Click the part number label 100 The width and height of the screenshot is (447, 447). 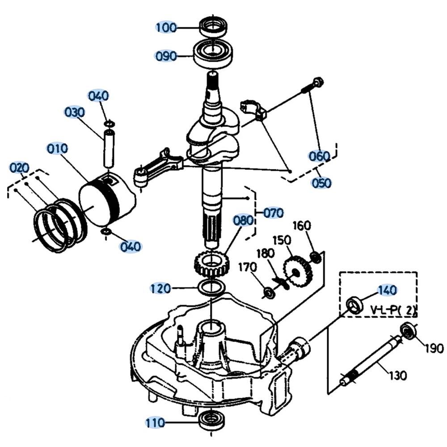[x=166, y=27]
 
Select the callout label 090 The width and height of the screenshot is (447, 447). [x=166, y=56]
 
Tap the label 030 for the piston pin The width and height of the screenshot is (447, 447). [x=75, y=112]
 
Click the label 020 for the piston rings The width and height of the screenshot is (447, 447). [x=20, y=169]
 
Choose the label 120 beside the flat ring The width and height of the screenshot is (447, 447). [x=160, y=288]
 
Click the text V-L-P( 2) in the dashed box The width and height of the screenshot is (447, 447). [x=394, y=309]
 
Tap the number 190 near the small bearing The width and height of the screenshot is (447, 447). [x=434, y=348]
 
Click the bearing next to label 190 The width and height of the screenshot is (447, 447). [x=409, y=331]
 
